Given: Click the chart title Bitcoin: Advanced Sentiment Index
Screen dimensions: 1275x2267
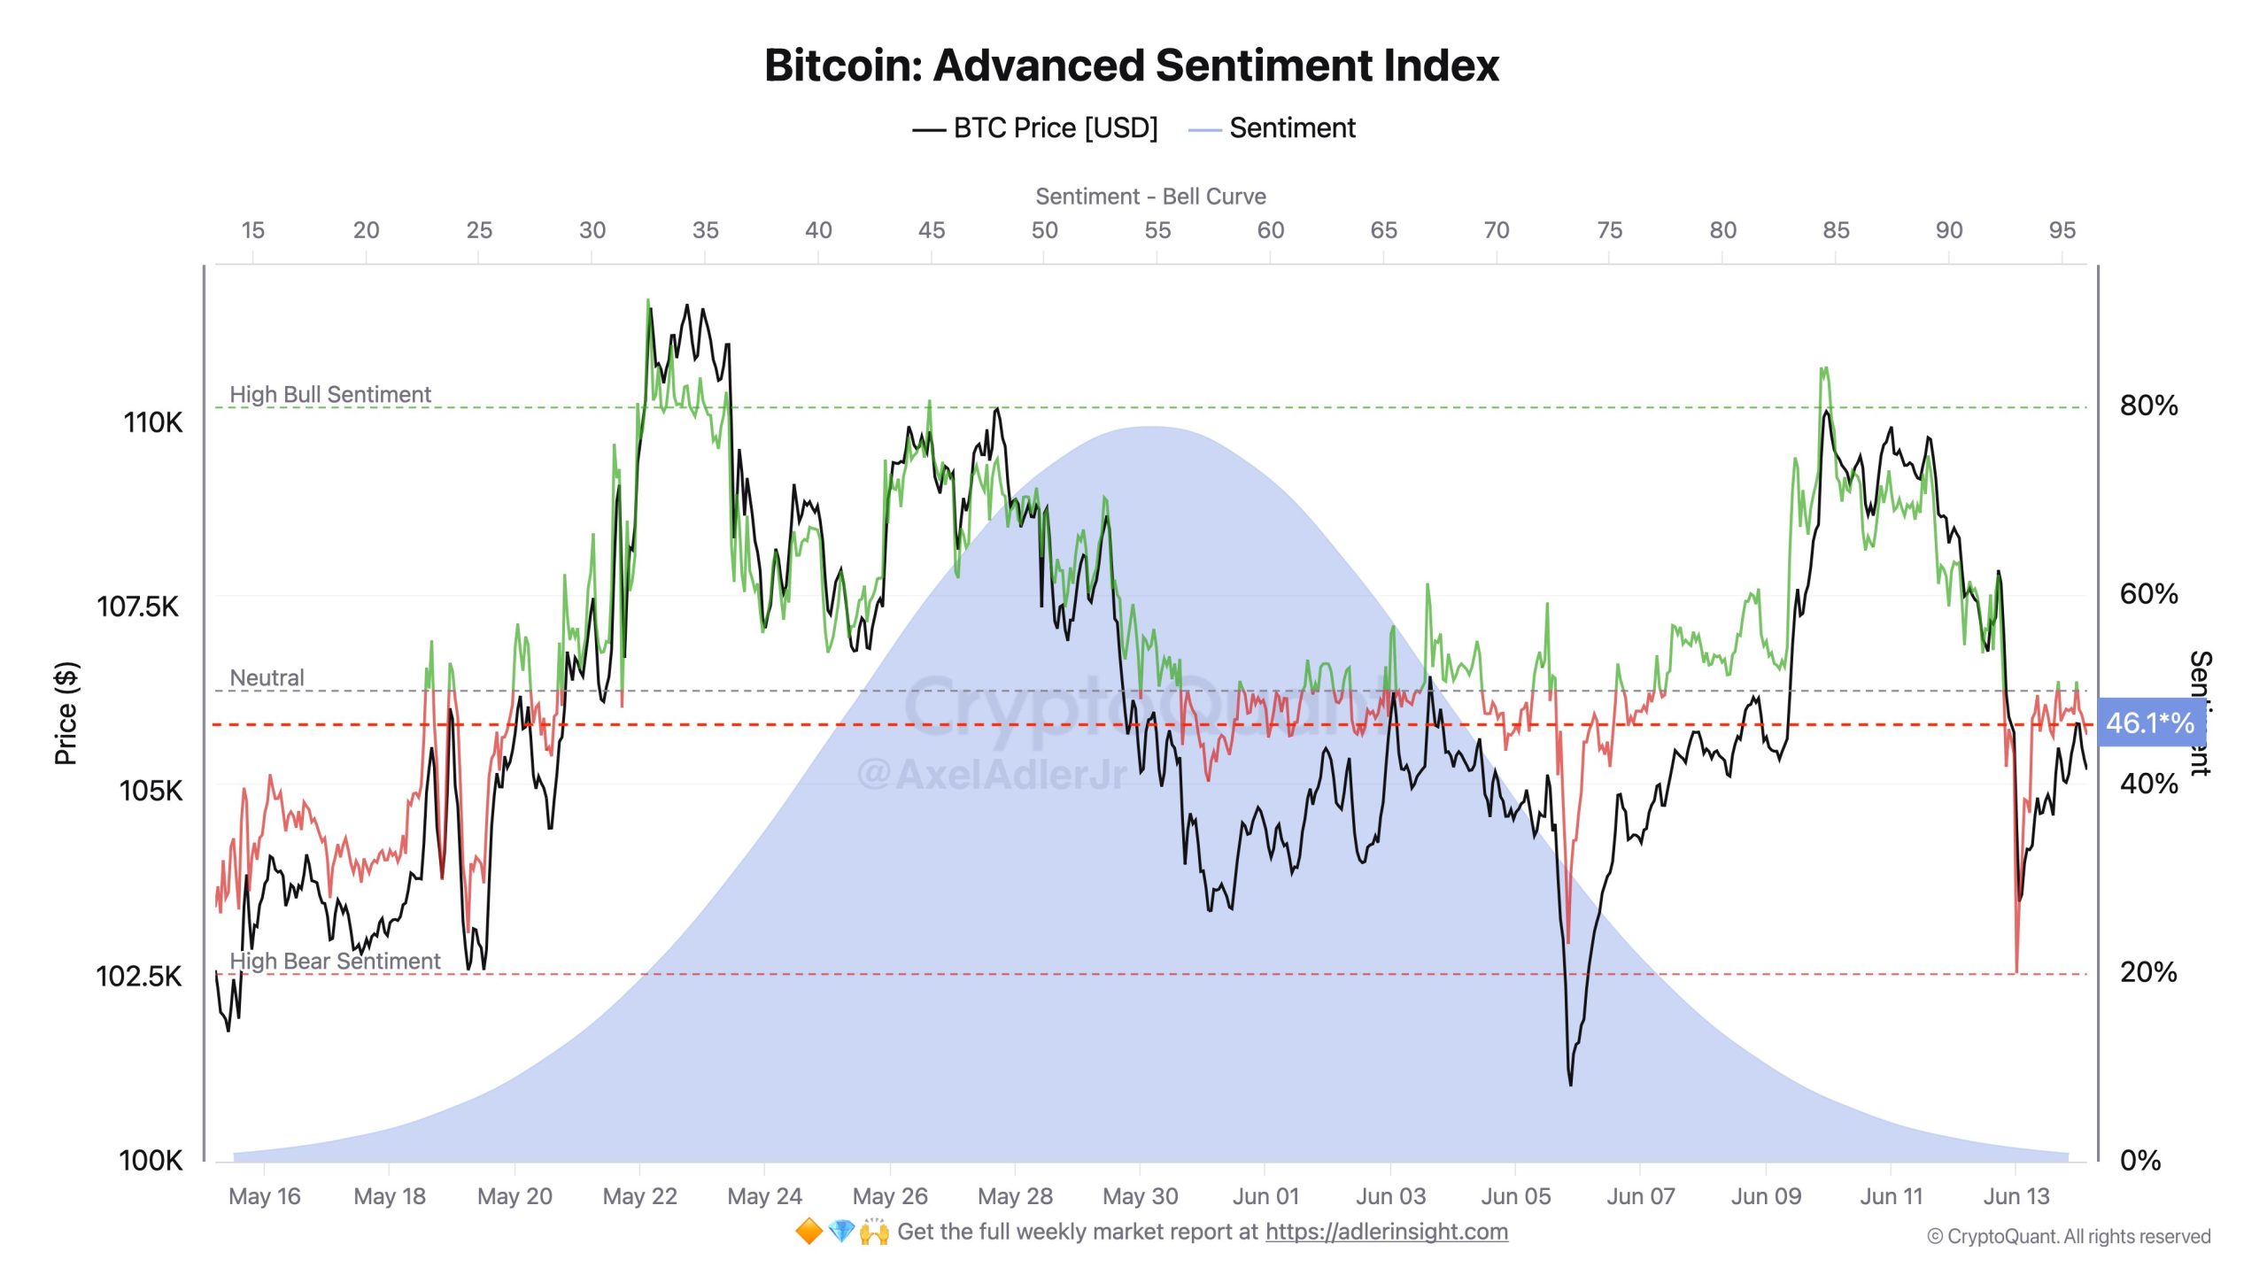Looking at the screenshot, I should coord(1132,66).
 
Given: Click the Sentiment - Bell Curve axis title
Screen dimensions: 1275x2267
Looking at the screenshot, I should coord(1150,197).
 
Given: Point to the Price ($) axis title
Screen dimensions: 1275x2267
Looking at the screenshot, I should coord(66,713).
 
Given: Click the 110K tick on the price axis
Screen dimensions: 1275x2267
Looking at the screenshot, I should coord(152,422).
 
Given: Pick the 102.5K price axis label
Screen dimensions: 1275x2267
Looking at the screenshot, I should coord(138,976).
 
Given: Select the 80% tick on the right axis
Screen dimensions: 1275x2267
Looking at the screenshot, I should coord(2148,406).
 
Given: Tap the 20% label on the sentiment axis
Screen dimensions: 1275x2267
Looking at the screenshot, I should coord(2148,972).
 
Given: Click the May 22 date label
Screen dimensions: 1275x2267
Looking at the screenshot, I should coord(639,1196).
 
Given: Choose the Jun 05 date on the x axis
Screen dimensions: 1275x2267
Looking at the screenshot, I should coord(1515,1196).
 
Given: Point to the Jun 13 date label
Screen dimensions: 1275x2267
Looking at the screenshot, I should coord(2016,1196).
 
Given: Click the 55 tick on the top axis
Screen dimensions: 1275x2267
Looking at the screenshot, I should coord(1157,230).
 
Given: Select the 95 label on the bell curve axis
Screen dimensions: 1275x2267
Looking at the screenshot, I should coord(2062,230).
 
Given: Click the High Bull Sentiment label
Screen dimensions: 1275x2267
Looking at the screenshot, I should coord(330,394).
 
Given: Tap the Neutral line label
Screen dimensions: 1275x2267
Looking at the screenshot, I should coord(267,677).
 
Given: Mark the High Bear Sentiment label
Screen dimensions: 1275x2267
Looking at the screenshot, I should coord(335,961).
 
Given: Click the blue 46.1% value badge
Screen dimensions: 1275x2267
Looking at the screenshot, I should coord(2149,723).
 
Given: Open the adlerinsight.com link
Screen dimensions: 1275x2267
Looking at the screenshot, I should coord(1386,1232).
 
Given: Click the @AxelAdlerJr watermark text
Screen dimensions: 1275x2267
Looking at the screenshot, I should coord(992,775).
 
